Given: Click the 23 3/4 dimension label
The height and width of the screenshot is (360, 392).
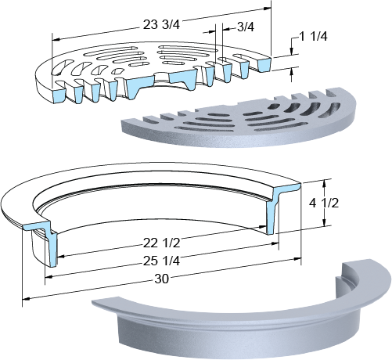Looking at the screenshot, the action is pyautogui.click(x=161, y=25).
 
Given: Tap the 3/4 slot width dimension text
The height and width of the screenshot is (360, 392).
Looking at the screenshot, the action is pyautogui.click(x=246, y=27).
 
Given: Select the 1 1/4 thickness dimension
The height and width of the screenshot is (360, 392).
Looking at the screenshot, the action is pyautogui.click(x=313, y=36).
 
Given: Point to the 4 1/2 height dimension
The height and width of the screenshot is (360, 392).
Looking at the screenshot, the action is pyautogui.click(x=324, y=203).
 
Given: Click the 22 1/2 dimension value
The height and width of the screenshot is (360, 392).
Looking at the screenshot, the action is pyautogui.click(x=161, y=243).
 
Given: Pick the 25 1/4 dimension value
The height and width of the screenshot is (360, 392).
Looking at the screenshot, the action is pyautogui.click(x=161, y=261).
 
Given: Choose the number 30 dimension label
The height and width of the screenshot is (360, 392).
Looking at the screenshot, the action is pyautogui.click(x=162, y=279).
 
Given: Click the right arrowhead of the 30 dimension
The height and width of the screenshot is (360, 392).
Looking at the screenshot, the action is pyautogui.click(x=297, y=259).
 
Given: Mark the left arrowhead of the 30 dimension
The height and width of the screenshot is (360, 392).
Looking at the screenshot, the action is pyautogui.click(x=27, y=298).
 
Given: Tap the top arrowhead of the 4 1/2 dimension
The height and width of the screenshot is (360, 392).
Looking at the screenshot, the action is pyautogui.click(x=324, y=183).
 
